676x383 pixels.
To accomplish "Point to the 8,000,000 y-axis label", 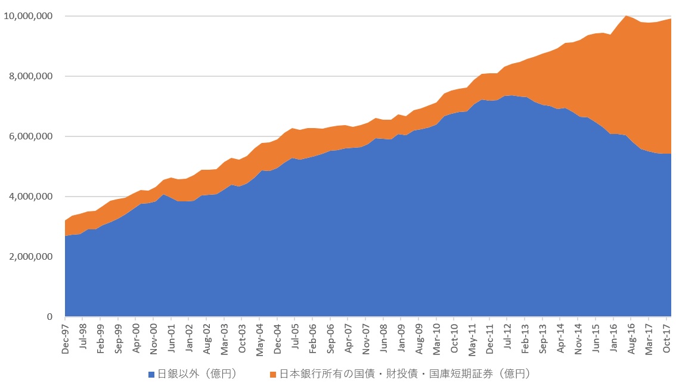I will (32, 76).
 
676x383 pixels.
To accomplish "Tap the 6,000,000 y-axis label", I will (32, 136).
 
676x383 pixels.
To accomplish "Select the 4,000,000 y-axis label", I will (32, 197).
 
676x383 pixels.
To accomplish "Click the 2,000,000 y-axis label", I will (32, 257).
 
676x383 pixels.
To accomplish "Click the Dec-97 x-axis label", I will (65, 338).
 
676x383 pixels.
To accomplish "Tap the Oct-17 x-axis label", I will (666, 338).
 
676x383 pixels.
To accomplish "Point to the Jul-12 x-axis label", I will (507, 338).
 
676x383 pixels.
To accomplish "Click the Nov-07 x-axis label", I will (366, 338).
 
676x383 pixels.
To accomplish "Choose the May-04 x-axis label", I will (259, 338).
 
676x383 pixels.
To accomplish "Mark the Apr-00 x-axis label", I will (136, 338).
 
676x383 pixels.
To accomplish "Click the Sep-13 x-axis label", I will (543, 338).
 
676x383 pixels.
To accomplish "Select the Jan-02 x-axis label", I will (189, 338).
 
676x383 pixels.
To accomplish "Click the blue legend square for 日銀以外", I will (151, 374).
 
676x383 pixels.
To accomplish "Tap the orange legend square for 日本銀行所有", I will (273, 374).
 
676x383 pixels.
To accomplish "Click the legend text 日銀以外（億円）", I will (196, 374).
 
